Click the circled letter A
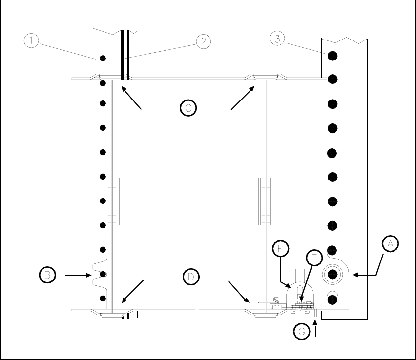(x=390, y=244)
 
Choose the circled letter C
(x=187, y=107)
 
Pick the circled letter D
(x=190, y=277)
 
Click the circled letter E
(x=314, y=259)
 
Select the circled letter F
(x=280, y=248)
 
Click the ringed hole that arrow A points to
(x=333, y=275)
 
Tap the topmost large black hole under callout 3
(x=333, y=55)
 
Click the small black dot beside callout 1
(x=103, y=59)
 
